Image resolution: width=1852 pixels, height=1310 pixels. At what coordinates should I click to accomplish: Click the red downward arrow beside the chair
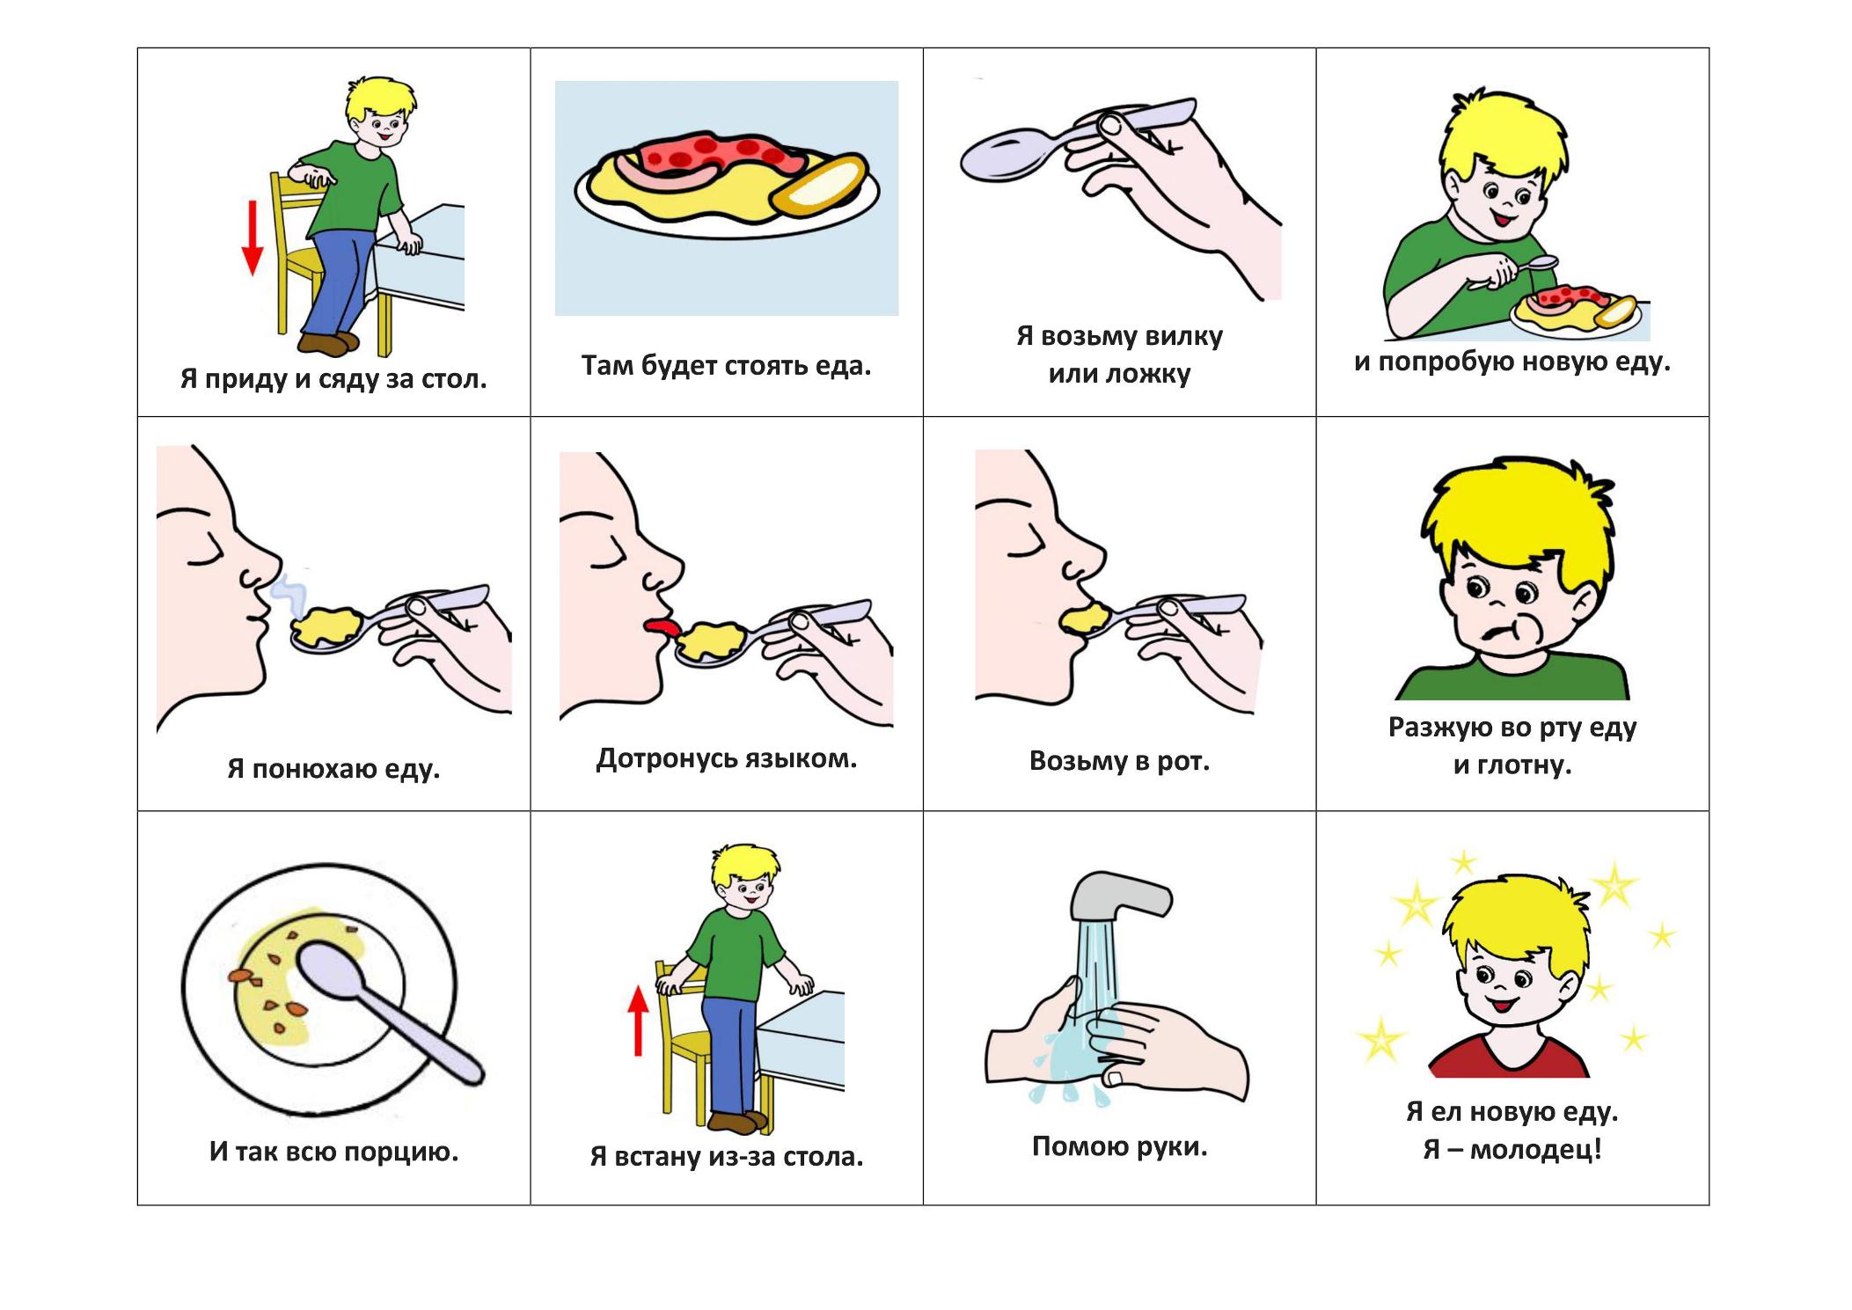click(x=253, y=238)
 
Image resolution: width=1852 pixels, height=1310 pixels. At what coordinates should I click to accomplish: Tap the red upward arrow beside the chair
click(x=638, y=1020)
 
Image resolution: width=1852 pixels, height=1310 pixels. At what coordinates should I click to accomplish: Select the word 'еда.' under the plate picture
click(x=842, y=365)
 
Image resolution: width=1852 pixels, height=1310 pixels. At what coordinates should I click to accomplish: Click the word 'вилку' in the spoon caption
click(x=1183, y=336)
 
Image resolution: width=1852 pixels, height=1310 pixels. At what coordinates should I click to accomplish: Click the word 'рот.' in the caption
click(x=1183, y=761)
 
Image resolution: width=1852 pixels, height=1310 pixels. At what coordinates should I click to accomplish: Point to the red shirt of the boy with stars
click(x=1510, y=1057)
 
